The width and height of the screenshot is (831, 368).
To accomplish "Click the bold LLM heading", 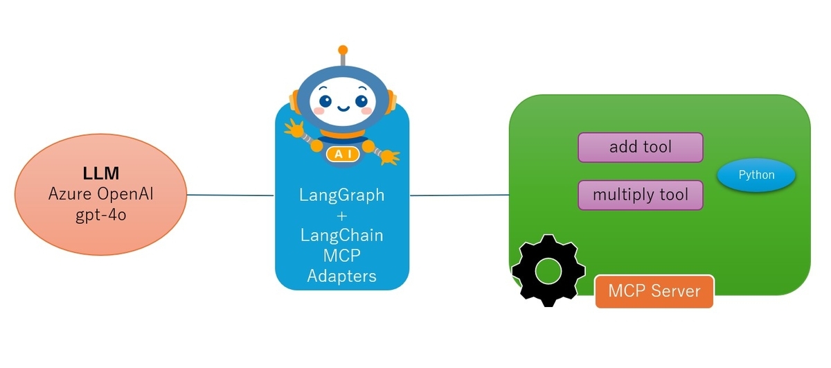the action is point(101,173).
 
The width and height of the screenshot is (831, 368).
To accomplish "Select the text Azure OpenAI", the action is point(101,194).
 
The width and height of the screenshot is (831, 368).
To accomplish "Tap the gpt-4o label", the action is point(101,215).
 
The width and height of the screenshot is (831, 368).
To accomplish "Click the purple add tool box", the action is point(641,148).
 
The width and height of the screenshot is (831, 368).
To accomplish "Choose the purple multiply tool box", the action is point(641,195).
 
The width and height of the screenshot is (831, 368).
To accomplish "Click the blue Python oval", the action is point(756,175).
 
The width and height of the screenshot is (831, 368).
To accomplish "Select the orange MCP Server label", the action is point(654,291).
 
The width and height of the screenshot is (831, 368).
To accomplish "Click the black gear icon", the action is point(548,271).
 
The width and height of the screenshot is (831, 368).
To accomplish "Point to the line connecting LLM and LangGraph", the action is point(231,195).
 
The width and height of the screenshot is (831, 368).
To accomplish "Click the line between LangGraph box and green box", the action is point(459,195).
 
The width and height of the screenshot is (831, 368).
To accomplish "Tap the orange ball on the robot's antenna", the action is point(343,50).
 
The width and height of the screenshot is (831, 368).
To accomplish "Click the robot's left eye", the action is point(325,100).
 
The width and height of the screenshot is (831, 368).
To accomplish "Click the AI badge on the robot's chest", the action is point(343,154).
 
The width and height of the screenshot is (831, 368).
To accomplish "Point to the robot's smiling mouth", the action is point(343,109).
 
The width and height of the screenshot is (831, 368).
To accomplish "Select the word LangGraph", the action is point(341,195).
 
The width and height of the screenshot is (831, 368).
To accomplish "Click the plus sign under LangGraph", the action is point(341,216).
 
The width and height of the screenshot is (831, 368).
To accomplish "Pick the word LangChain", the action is point(341,236).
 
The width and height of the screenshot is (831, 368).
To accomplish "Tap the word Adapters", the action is point(341,277).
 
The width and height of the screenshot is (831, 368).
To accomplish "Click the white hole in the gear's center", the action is point(548,271).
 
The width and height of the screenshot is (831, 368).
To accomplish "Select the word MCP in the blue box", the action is point(341,256).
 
